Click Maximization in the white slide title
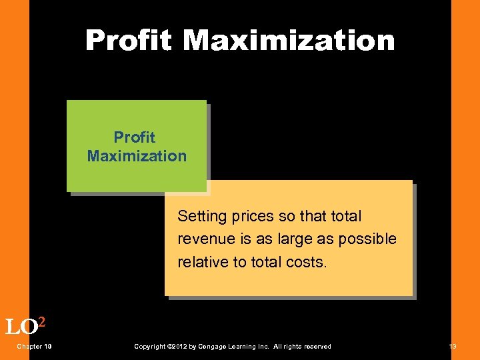pyautogui.click(x=289, y=41)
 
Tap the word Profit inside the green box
pyautogui.click(x=134, y=137)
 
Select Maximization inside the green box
pyautogui.click(x=137, y=156)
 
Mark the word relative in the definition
pyautogui.click(x=203, y=262)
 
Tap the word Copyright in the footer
pyautogui.click(x=150, y=346)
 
